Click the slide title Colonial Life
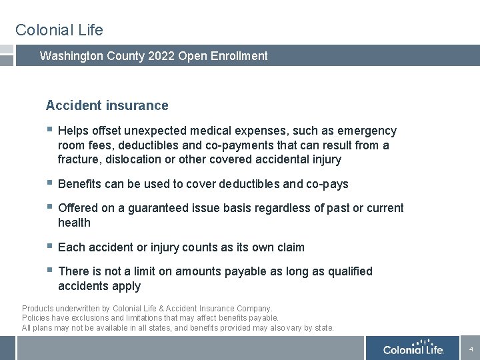pyautogui.click(x=59, y=30)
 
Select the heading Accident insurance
pyautogui.click(x=107, y=105)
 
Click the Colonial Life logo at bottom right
pyautogui.click(x=413, y=349)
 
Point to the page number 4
pyautogui.click(x=471, y=349)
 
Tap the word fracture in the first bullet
pyautogui.click(x=79, y=159)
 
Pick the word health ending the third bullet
pyautogui.click(x=74, y=223)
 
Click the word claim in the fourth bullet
pyautogui.click(x=290, y=247)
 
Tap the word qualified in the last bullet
pyautogui.click(x=349, y=271)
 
